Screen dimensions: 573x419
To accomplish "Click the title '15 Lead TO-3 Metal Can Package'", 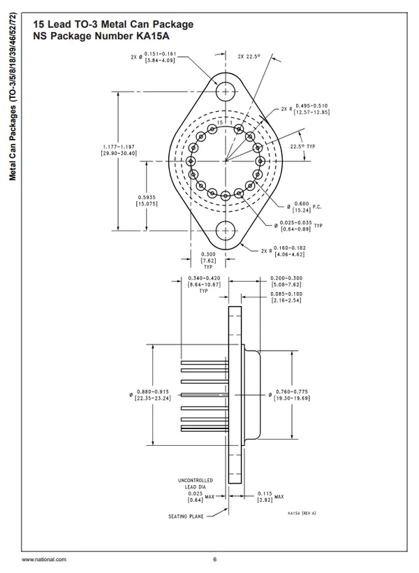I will (x=108, y=24).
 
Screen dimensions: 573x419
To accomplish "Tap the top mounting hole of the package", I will (x=226, y=92).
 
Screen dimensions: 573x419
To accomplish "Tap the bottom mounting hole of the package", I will (x=226, y=230).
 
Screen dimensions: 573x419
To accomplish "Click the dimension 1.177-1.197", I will (x=118, y=149).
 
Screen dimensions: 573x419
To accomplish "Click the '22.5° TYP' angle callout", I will (x=301, y=147).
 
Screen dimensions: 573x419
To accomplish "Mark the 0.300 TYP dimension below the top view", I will (x=208, y=260).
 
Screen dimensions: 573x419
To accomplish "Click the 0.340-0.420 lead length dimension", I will (x=203, y=282).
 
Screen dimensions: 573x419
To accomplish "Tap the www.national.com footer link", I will (x=44, y=559).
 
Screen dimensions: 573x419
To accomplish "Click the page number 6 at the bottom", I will (x=214, y=559).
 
